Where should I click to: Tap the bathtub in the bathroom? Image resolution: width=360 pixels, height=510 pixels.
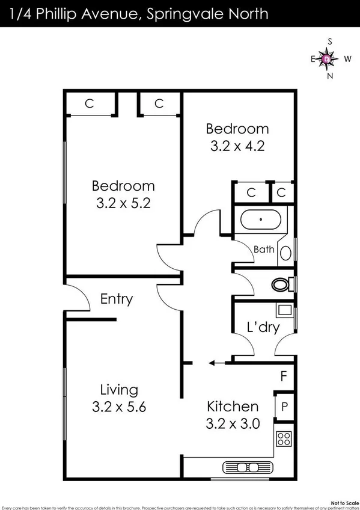click(x=260, y=220)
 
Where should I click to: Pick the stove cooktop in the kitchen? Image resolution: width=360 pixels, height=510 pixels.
click(x=284, y=439)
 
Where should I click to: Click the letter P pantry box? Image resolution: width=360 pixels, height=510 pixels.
click(x=284, y=406)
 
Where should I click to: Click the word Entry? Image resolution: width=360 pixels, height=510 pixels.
click(x=117, y=299)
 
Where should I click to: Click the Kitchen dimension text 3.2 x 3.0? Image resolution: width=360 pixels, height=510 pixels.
click(x=233, y=423)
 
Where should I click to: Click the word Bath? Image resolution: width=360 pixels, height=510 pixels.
click(x=263, y=249)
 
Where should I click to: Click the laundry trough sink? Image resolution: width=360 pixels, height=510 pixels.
click(x=284, y=311)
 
